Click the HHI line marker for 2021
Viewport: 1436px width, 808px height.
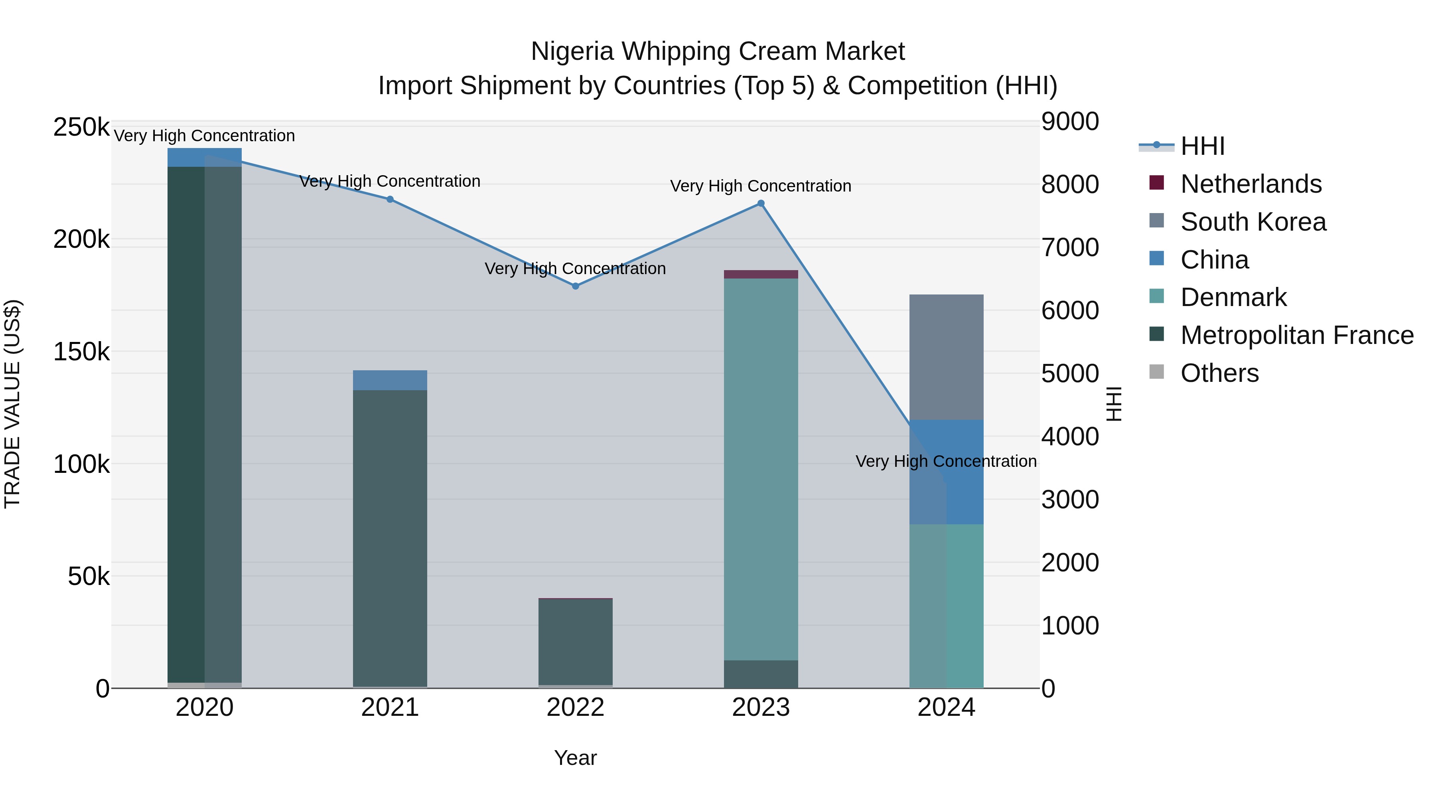click(390, 199)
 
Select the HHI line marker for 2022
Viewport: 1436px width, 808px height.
click(575, 286)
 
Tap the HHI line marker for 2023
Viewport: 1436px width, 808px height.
click(761, 203)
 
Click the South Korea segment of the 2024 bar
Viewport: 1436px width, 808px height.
click(946, 357)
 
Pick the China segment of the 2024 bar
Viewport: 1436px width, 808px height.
click(946, 471)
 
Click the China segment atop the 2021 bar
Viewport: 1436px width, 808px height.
click(390, 380)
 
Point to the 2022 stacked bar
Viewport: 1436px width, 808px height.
click(575, 641)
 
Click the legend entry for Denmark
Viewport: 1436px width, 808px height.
click(1233, 297)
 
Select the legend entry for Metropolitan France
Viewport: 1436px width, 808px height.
click(1297, 335)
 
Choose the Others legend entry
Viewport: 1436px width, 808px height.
click(1219, 373)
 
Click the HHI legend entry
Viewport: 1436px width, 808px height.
click(1202, 146)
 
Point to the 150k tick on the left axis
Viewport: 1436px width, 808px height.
click(81, 352)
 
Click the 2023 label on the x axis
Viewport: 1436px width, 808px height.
click(761, 707)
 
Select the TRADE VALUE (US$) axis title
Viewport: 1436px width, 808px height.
click(12, 404)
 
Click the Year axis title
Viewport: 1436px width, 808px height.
click(575, 758)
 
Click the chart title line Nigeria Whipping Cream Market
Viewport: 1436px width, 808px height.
click(718, 51)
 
